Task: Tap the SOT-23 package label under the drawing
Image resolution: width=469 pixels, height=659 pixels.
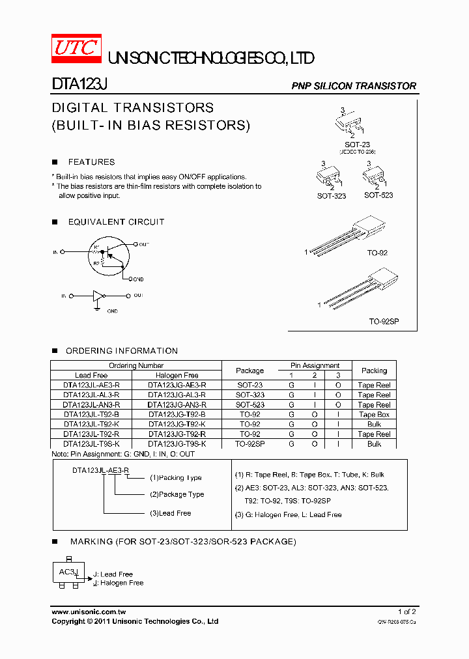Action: coord(357,144)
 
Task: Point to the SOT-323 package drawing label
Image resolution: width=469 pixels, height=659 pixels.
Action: coord(331,196)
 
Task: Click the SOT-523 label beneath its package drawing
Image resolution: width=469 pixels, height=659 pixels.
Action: coord(378,195)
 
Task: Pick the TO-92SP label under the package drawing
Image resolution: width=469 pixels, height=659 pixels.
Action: coord(384,322)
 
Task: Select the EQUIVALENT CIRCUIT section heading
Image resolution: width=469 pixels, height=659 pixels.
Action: coord(116,222)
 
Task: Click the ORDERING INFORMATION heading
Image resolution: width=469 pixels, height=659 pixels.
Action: coord(121,351)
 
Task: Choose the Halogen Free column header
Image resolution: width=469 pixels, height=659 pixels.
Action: coord(177,376)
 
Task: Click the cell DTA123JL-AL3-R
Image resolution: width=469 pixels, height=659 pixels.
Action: coord(91,395)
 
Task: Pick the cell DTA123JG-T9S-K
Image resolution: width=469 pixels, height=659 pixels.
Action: coord(177,444)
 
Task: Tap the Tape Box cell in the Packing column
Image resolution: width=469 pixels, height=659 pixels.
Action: coord(374,415)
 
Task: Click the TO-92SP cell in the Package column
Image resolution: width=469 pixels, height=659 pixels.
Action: coord(250,444)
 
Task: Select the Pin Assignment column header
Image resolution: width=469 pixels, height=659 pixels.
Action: coord(315,366)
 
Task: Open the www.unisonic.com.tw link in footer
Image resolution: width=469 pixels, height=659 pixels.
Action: coord(89,612)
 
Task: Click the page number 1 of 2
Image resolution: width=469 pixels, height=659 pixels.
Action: coord(406,612)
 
